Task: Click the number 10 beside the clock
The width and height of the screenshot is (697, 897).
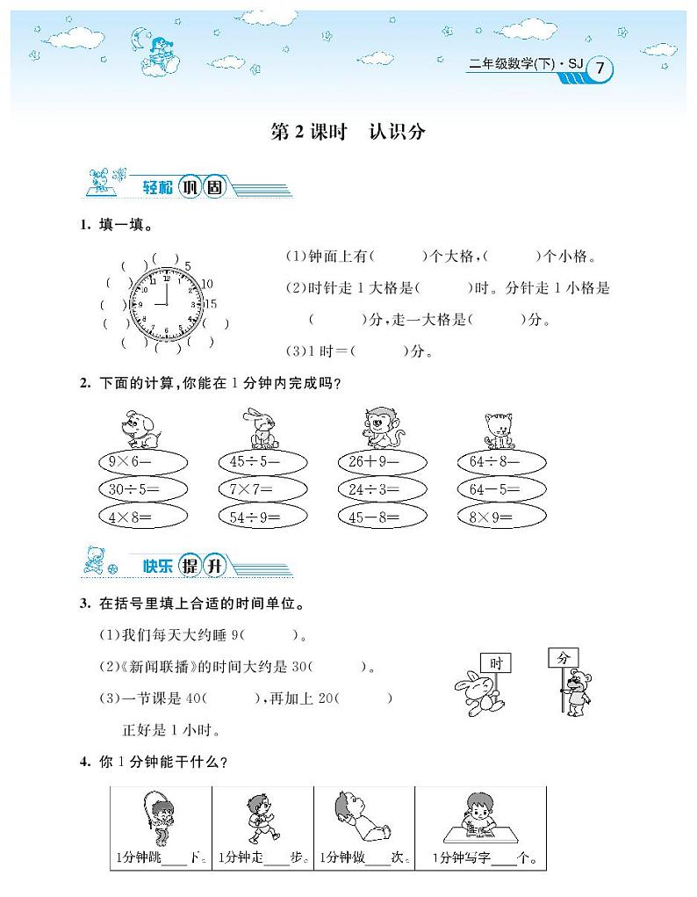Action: pyautogui.click(x=207, y=283)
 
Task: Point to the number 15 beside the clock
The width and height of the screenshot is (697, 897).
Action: pyautogui.click(x=210, y=303)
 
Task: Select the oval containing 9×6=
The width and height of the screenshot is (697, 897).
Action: pyautogui.click(x=143, y=461)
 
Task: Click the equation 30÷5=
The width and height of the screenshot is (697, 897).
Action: pyautogui.click(x=143, y=489)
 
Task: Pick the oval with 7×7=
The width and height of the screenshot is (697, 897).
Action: pyautogui.click(x=262, y=489)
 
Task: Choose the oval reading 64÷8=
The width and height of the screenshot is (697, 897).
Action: pyautogui.click(x=501, y=461)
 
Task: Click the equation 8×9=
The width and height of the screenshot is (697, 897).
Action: pyautogui.click(x=501, y=517)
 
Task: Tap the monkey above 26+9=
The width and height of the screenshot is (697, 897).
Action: pyautogui.click(x=377, y=429)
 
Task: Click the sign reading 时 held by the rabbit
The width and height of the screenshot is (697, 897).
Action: pyautogui.click(x=496, y=663)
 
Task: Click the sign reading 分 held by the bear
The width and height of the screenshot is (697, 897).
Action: pyautogui.click(x=564, y=657)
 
